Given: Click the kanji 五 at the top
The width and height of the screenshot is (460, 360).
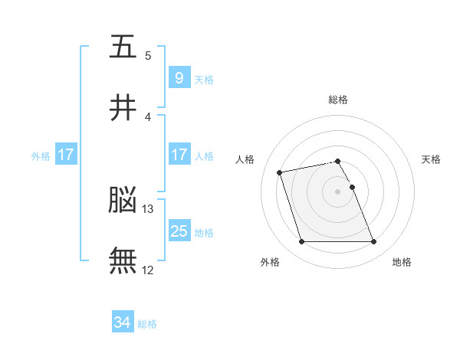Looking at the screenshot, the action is pyautogui.click(x=123, y=46).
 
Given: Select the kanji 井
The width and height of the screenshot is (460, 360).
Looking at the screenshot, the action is pyautogui.click(x=123, y=107).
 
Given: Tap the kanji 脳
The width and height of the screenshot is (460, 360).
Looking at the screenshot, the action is pyautogui.click(x=123, y=199).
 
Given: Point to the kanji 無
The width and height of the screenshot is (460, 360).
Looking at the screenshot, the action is pyautogui.click(x=123, y=260).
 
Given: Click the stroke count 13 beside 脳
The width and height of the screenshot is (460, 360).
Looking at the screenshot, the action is pyautogui.click(x=147, y=209).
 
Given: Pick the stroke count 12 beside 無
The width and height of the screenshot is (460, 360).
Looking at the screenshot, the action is pyautogui.click(x=147, y=270).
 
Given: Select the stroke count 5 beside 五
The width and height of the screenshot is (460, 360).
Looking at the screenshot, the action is pyautogui.click(x=148, y=56).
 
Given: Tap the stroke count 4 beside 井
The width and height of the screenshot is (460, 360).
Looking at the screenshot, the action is pyautogui.click(x=148, y=117).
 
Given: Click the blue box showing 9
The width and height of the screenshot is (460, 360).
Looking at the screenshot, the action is pyautogui.click(x=179, y=77).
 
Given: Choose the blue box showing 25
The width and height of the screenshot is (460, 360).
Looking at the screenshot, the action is pyautogui.click(x=179, y=230).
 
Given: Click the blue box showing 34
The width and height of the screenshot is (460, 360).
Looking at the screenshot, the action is pyautogui.click(x=123, y=321).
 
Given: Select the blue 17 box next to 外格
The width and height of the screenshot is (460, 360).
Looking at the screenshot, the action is pyautogui.click(x=66, y=154).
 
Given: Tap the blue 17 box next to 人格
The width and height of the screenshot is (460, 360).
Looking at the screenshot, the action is pyautogui.click(x=179, y=154).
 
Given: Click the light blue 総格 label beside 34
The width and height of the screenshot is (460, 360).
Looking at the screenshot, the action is pyautogui.click(x=147, y=324).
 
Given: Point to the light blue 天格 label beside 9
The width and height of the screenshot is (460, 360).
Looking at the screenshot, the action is pyautogui.click(x=204, y=80).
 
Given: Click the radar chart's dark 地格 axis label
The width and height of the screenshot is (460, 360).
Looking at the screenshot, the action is pyautogui.click(x=402, y=262).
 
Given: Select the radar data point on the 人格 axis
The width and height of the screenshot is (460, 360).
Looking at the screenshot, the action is pyautogui.click(x=279, y=172).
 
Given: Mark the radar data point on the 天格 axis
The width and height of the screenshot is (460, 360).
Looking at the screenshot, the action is pyautogui.click(x=353, y=187).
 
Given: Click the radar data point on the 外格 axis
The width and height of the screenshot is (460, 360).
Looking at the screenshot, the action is pyautogui.click(x=302, y=241).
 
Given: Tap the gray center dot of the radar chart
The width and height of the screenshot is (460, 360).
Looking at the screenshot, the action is pyautogui.click(x=337, y=191).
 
